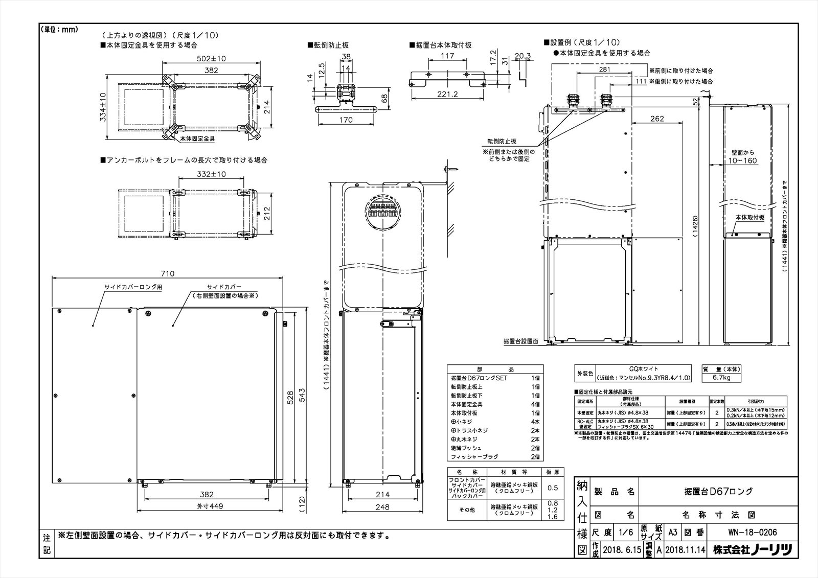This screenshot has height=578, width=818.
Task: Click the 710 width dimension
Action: [x=168, y=273]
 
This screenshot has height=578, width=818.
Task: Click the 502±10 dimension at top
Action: [x=212, y=58]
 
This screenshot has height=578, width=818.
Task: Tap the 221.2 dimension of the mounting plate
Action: [x=447, y=94]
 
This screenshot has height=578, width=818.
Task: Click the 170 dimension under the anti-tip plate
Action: [x=346, y=120]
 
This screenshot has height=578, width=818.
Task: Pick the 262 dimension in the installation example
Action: [x=657, y=119]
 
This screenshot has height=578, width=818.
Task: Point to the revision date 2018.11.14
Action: [x=685, y=550]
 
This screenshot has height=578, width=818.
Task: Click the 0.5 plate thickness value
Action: [x=553, y=488]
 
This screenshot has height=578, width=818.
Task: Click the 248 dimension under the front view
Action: [x=382, y=507]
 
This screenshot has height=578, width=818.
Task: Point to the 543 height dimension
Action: [x=301, y=396]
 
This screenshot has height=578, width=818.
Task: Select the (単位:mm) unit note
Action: [x=59, y=29]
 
